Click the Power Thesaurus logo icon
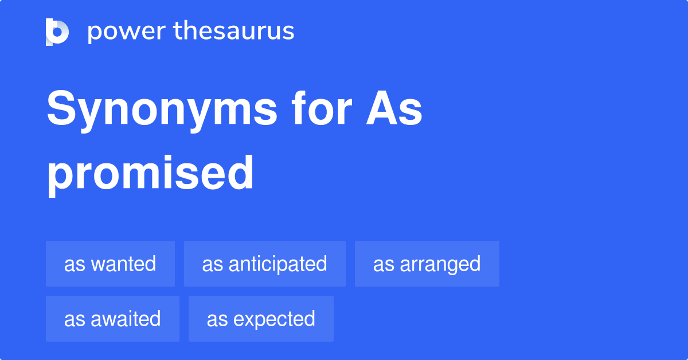pyautogui.click(x=57, y=32)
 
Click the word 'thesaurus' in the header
pyautogui.click(x=234, y=32)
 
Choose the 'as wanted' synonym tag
pyautogui.click(x=110, y=264)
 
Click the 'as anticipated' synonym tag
pyautogui.click(x=264, y=264)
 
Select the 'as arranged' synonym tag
pyautogui.click(x=427, y=264)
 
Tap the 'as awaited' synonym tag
pyautogui.click(x=112, y=319)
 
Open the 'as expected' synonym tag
pyautogui.click(x=261, y=319)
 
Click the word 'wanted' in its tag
pyautogui.click(x=124, y=264)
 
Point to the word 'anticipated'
pyautogui.click(x=278, y=264)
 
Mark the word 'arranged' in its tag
pyautogui.click(x=440, y=264)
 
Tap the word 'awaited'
pyautogui.click(x=126, y=319)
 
